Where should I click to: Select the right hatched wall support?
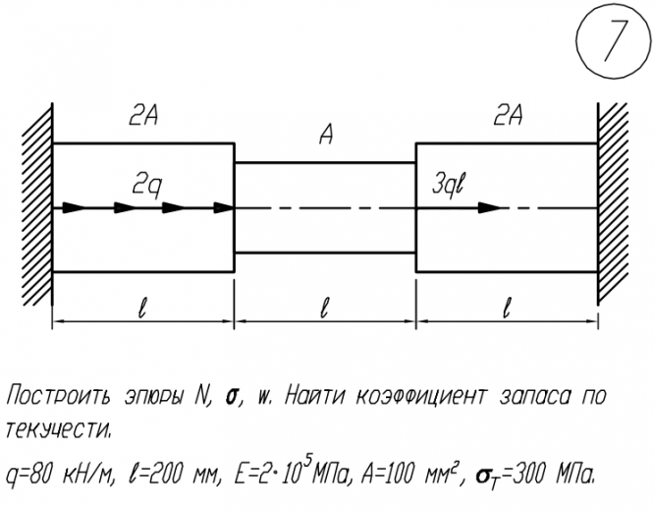pos(614,207)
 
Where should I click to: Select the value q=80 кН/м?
pos(59,475)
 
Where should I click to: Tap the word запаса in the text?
pos(536,398)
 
